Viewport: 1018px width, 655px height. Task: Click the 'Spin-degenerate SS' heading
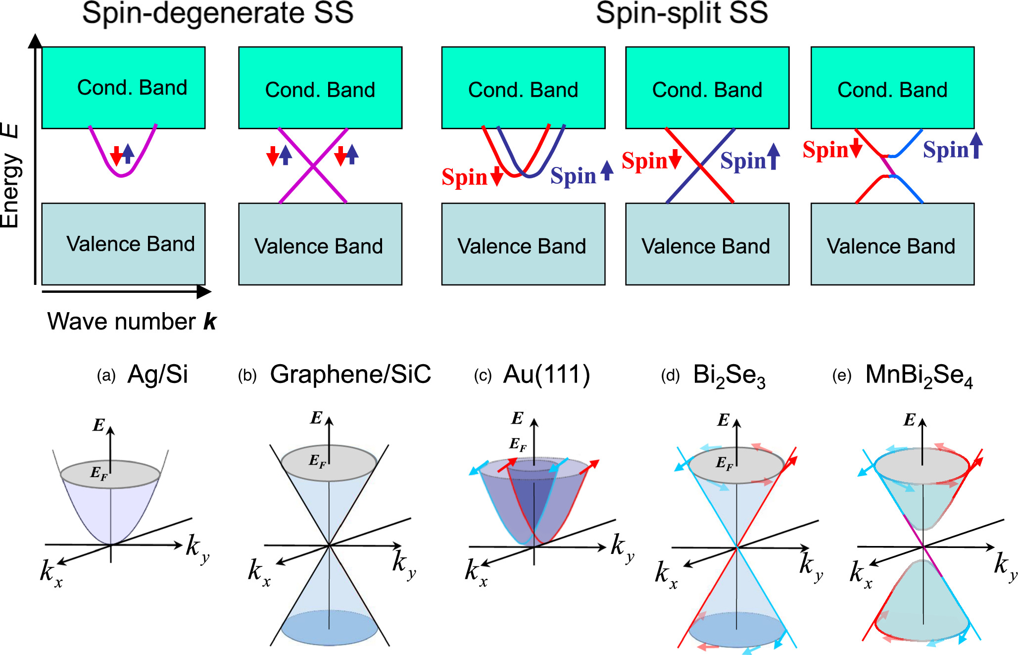218,13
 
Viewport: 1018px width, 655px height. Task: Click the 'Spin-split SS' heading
681,13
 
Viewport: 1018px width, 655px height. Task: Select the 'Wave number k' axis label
132,322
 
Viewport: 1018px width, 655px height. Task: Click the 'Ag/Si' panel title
157,375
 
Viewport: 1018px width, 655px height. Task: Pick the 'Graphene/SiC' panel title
350,375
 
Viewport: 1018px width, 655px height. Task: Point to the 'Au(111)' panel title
546,375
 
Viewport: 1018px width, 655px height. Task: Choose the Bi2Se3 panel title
728,376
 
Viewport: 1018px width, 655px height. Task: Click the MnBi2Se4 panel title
919,376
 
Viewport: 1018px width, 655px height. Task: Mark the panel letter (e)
841,376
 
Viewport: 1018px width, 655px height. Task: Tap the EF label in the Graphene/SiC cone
317,461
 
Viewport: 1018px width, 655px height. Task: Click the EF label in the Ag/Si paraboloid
98,473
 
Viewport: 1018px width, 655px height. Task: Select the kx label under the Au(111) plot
476,572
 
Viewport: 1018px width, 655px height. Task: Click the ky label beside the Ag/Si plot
197,548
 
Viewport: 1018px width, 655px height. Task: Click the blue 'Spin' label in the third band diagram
574,176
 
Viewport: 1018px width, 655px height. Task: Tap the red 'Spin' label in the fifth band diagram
825,150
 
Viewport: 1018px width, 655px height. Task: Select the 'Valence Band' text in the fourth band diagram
706,246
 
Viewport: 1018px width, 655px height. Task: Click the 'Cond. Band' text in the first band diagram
132,88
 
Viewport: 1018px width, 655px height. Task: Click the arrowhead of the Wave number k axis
204,292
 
